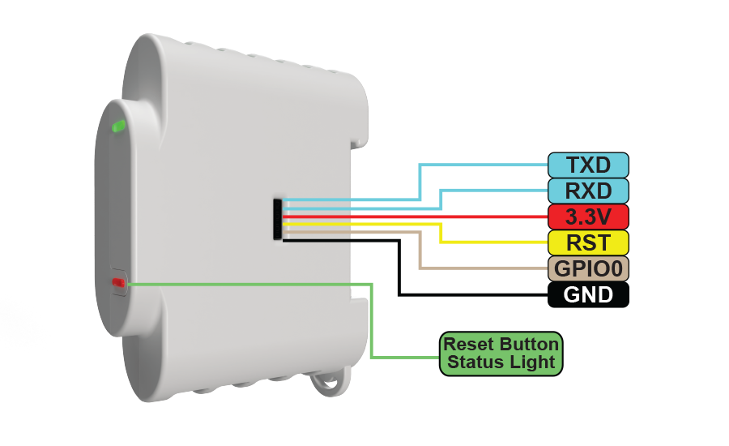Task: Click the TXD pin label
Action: point(588,165)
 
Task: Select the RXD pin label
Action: point(588,191)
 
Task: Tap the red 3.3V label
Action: point(588,217)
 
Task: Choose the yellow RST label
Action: point(588,242)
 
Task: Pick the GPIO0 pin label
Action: point(588,268)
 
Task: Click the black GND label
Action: point(588,294)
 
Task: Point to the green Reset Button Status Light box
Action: point(501,354)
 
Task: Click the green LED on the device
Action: point(118,126)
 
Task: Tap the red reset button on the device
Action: point(118,282)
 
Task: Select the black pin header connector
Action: point(278,219)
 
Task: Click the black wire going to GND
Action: point(399,268)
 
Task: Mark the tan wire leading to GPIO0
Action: point(420,249)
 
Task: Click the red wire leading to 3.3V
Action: point(416,217)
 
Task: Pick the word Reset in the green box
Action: point(468,344)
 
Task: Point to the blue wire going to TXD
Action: point(420,182)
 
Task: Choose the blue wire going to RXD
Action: point(440,199)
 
